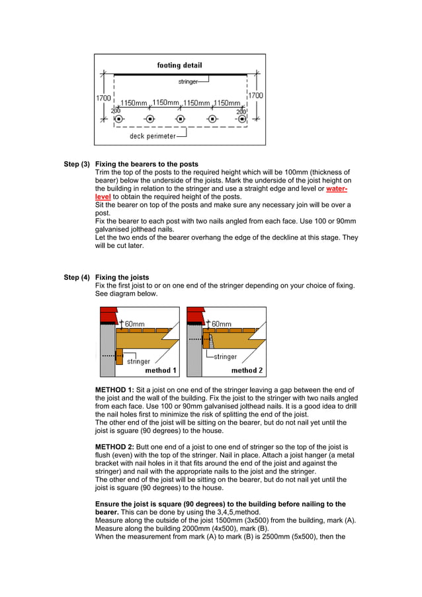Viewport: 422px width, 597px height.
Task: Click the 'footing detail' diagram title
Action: [179, 65]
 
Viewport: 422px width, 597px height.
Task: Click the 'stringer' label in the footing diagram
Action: [188, 82]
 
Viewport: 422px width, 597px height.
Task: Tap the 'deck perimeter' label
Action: [152, 136]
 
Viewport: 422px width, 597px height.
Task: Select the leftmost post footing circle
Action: [119, 119]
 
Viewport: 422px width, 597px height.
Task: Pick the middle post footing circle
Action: [180, 119]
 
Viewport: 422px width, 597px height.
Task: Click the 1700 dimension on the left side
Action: [103, 98]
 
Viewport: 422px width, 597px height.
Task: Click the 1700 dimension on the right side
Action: [255, 95]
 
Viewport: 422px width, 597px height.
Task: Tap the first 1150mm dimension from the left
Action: [133, 103]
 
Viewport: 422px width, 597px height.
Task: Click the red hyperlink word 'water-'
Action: [337, 188]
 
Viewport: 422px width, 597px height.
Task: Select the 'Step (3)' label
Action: [77, 164]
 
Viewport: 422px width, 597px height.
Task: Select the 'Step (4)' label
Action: [77, 278]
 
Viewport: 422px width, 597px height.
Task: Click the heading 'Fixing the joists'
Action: [122, 278]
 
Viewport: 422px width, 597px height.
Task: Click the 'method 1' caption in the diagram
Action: [161, 371]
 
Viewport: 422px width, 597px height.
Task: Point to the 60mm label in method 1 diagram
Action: [135, 324]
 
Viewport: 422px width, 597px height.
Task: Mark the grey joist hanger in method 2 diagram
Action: [211, 340]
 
